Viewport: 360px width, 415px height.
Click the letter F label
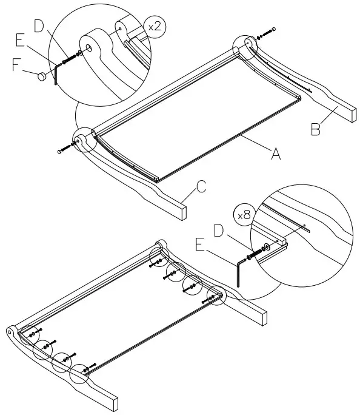click(17, 64)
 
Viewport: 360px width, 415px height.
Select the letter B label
click(315, 129)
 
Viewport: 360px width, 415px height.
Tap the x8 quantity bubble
click(244, 215)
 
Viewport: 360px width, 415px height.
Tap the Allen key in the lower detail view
click(242, 270)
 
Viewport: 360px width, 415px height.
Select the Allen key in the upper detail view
click(55, 74)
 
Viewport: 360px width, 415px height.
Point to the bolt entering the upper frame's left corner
click(64, 148)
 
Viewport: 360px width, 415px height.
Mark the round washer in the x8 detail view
click(268, 248)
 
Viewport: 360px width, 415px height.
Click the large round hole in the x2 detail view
click(89, 47)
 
